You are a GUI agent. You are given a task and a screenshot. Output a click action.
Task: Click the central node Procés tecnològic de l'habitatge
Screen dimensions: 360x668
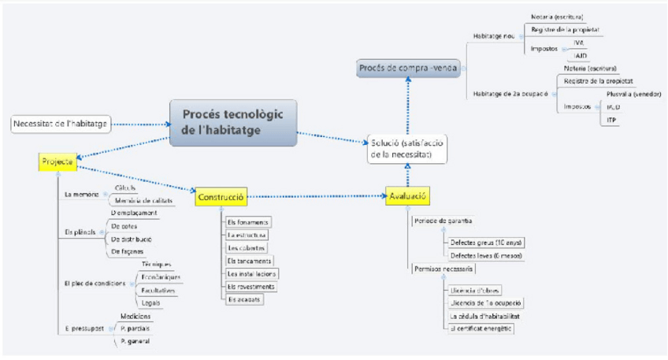(x=233, y=122)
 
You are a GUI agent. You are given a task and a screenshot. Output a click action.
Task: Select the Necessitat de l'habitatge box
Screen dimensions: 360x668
(x=61, y=124)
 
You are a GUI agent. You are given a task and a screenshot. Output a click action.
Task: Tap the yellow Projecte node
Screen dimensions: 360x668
(x=57, y=162)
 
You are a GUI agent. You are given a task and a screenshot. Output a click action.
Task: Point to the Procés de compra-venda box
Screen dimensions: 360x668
(x=407, y=69)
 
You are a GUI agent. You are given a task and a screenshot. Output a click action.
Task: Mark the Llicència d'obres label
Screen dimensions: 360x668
(x=475, y=290)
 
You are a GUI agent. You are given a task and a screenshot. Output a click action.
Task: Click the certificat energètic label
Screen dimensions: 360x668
(x=481, y=327)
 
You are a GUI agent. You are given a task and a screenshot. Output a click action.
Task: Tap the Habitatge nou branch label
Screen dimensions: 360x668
(x=494, y=36)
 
